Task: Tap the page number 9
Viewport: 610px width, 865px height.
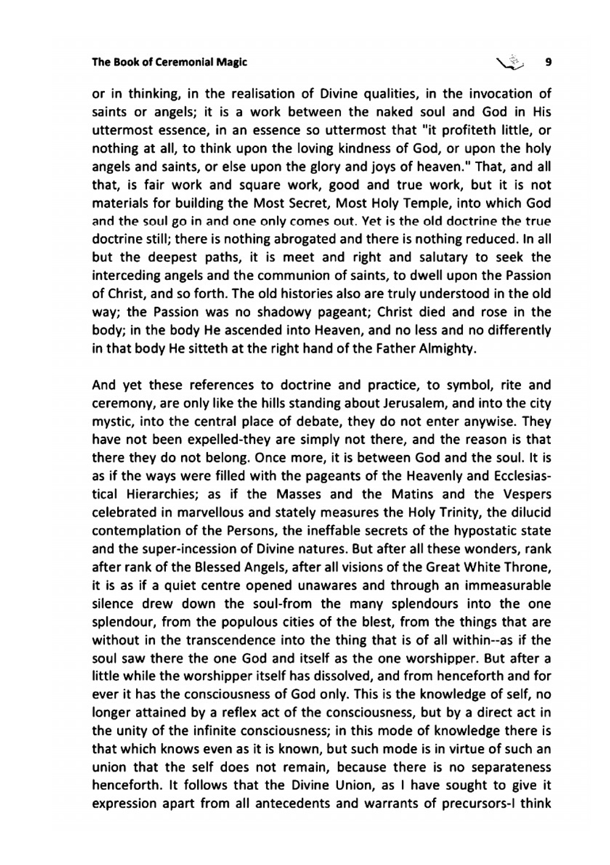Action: coord(548,62)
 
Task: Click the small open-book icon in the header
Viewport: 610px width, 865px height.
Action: coord(511,62)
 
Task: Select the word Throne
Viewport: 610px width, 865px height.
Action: coord(529,567)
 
